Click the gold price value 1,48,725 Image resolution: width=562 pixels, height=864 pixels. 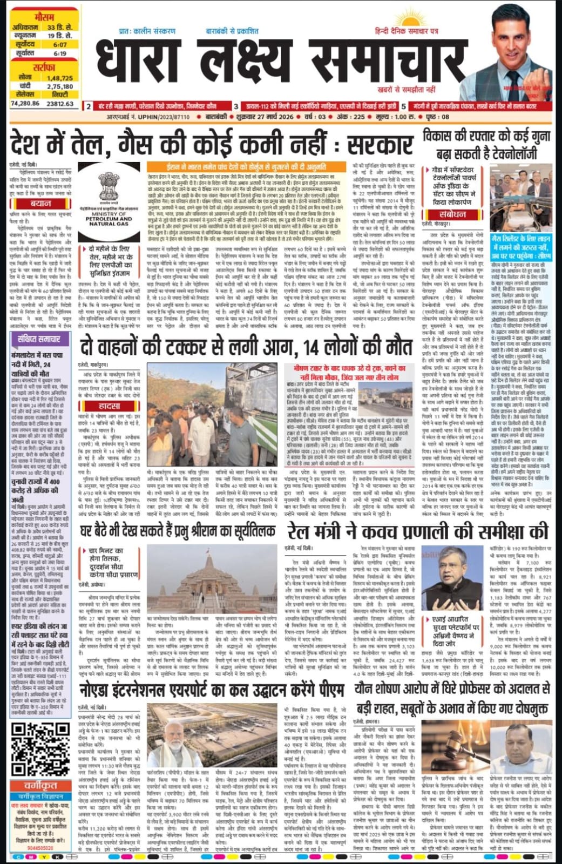click(x=59, y=78)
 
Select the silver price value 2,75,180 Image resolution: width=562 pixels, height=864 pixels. click(x=59, y=86)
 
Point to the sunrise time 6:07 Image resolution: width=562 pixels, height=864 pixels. click(x=60, y=45)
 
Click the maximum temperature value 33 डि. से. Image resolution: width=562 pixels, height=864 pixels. click(x=60, y=28)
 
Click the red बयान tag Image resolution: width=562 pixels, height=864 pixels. click(x=41, y=204)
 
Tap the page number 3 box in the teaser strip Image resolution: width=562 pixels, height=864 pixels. click(x=236, y=106)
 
